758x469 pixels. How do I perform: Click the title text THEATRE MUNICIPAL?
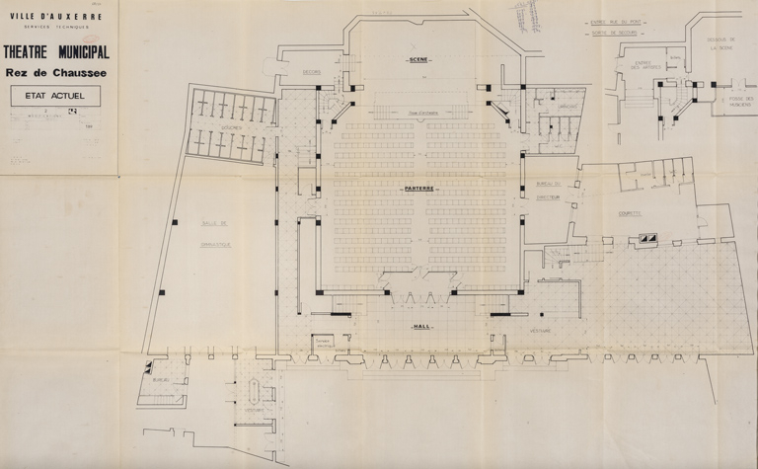coord(56,52)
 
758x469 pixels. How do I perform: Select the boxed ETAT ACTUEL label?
coord(55,96)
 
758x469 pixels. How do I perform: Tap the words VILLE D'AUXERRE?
coord(56,16)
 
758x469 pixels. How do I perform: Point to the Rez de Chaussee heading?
coord(56,72)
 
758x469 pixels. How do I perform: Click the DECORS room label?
coord(313,72)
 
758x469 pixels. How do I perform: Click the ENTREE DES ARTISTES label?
coord(643,67)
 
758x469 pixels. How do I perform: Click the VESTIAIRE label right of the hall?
coord(540,330)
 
